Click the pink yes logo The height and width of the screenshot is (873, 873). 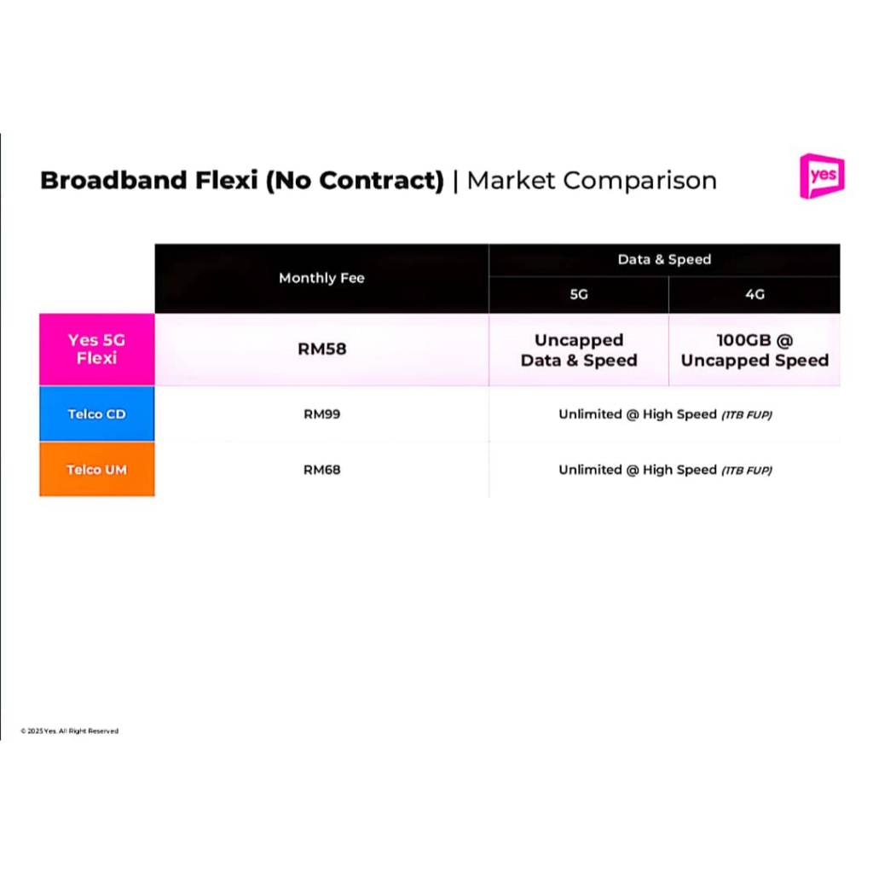tap(822, 176)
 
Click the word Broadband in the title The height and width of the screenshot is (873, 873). tap(113, 181)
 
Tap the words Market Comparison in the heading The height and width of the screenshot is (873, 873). tap(592, 181)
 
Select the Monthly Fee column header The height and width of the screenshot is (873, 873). tap(321, 278)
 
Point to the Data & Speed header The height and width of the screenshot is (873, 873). tap(664, 259)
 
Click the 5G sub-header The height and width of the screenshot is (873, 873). tap(579, 294)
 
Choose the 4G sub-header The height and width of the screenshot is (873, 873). tap(755, 294)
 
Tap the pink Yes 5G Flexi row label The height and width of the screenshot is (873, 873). tap(97, 349)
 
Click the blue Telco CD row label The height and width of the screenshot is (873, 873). tap(97, 413)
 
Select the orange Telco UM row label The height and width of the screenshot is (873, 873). tap(97, 470)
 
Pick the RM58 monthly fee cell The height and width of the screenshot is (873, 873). tap(321, 349)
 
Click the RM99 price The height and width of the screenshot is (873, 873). tap(321, 414)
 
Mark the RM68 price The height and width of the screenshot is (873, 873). tap(321, 470)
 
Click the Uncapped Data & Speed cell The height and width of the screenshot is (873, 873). tap(579, 350)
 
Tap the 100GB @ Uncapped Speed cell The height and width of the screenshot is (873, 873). tap(755, 350)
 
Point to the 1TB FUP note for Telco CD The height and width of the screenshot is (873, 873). tap(747, 415)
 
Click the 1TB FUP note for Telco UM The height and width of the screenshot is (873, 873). tap(747, 471)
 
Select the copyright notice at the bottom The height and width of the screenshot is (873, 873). tap(70, 731)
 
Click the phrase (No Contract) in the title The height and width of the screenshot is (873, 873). tap(355, 181)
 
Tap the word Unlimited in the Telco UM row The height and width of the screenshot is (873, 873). tap(590, 470)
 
